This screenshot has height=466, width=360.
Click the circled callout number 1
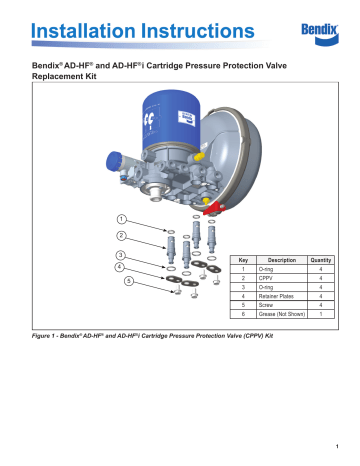click(x=121, y=218)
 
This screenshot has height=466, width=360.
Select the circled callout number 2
click(x=121, y=237)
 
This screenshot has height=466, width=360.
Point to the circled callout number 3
click(x=121, y=257)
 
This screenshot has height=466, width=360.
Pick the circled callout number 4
click(x=121, y=268)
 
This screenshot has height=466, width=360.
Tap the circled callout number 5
click(x=128, y=281)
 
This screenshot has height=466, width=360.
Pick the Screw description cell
click(x=266, y=317)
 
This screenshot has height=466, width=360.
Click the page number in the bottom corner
click(x=340, y=446)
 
